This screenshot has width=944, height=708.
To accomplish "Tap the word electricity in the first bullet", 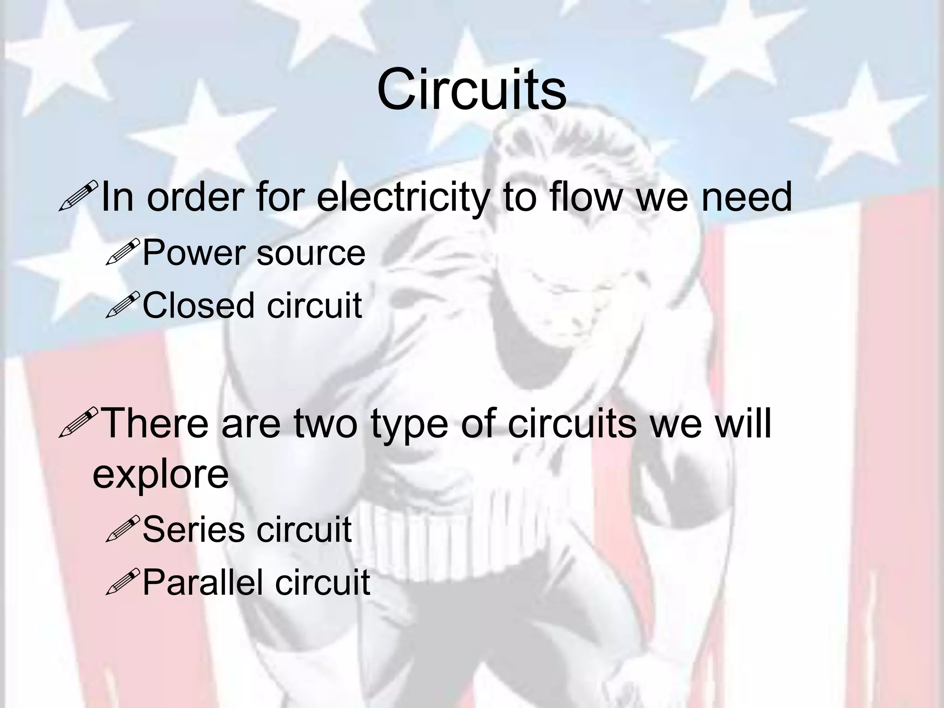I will (x=401, y=197).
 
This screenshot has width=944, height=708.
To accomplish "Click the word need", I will (x=747, y=197).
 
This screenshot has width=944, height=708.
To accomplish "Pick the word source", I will (x=311, y=254).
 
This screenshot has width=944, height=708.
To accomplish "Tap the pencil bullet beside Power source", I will (x=122, y=252).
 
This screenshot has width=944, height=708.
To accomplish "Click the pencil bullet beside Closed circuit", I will (x=122, y=304).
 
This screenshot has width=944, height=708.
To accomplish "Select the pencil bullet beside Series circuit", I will (x=122, y=528).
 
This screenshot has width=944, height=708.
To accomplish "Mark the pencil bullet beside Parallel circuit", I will (x=122, y=581).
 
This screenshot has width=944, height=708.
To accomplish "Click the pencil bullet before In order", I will (x=78, y=196).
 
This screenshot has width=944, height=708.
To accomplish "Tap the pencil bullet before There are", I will (x=78, y=422).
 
